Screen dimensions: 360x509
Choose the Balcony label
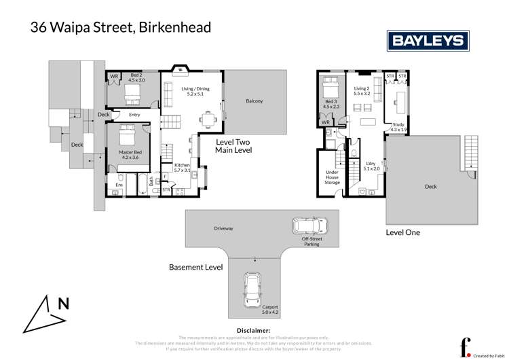coord(254,102)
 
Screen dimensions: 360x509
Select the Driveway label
coord(223,228)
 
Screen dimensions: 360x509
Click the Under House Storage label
coord(332,178)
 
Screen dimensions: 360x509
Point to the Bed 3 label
coord(331,104)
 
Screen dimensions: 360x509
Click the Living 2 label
coord(362,91)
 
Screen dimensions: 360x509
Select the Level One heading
coord(403,232)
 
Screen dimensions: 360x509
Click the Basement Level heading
coord(195,268)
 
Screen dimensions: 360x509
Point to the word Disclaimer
coord(254,330)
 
